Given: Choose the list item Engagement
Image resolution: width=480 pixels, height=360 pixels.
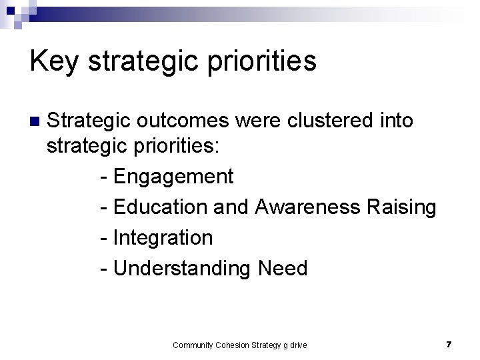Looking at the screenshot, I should click(x=173, y=177).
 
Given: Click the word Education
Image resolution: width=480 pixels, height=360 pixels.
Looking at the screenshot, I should click(x=161, y=207).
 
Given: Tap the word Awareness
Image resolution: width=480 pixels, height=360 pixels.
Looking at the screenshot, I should click(x=308, y=207).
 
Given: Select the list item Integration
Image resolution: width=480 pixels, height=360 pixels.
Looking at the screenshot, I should click(x=163, y=237).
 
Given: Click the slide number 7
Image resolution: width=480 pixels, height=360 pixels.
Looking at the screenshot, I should click(x=449, y=345).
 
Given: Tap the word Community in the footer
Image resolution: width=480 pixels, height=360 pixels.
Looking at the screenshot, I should click(x=192, y=345).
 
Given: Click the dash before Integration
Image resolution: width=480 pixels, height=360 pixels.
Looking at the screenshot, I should click(x=103, y=237).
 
